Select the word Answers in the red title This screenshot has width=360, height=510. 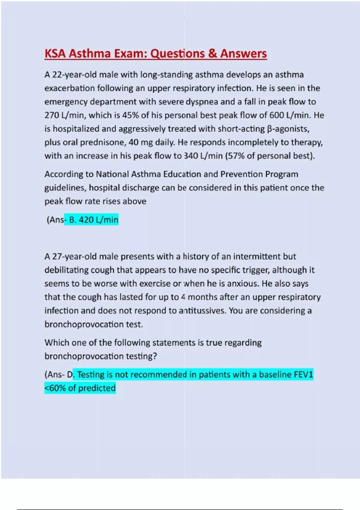point(243,54)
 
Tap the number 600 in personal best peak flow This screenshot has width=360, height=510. point(276,115)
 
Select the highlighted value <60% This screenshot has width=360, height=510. point(55,388)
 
